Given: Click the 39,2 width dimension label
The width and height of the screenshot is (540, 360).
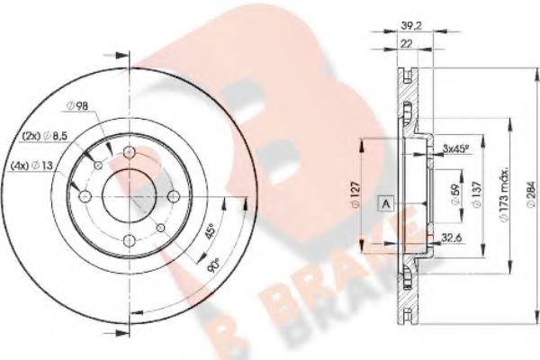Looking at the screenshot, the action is tap(408, 25).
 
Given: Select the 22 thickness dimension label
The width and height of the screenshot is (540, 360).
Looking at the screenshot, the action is tap(407, 43).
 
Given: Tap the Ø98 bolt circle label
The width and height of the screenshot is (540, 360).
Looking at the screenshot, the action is tap(77, 106).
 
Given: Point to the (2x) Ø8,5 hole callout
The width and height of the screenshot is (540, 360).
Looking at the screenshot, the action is tap(44, 136).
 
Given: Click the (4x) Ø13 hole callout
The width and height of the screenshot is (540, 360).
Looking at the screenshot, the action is tap(31, 166).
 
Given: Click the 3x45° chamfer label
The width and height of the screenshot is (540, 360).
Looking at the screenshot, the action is tap(456, 148).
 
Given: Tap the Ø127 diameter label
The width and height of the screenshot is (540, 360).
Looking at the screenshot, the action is tap(355, 194).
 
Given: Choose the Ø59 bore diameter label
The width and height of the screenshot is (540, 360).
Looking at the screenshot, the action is tap(454, 195).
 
